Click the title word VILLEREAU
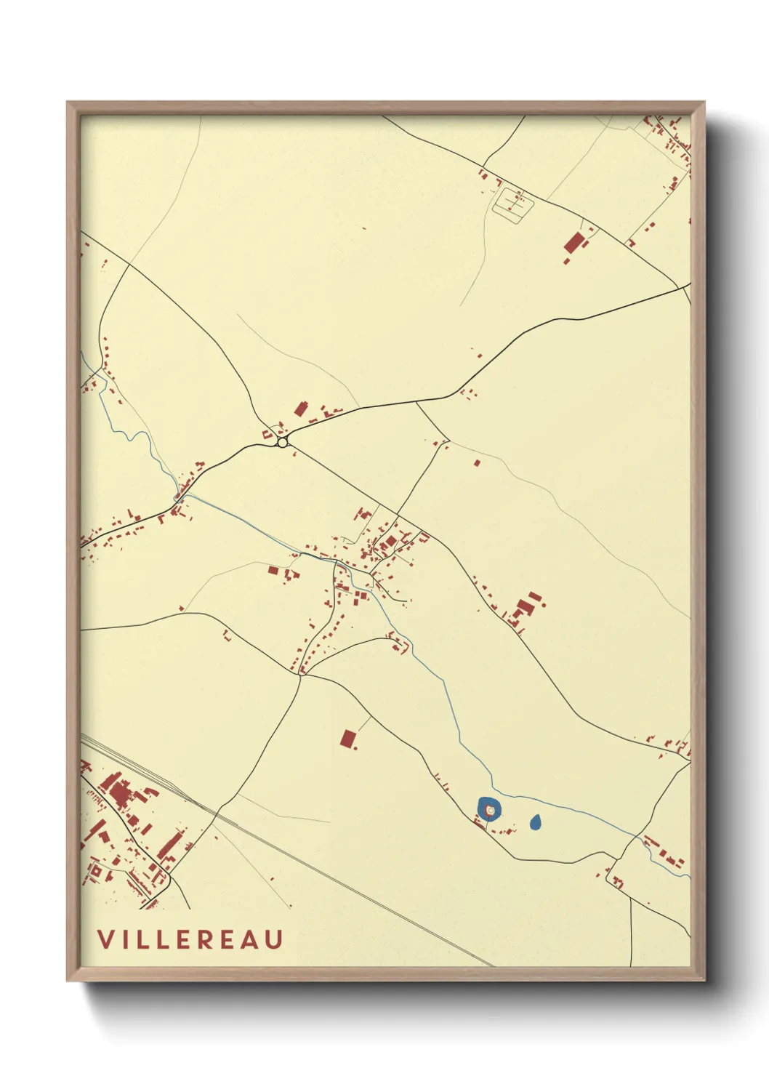[x=190, y=939]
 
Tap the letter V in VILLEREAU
[x=105, y=939]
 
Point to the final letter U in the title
[x=274, y=939]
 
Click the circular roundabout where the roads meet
[x=282, y=441]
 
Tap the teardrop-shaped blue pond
[x=536, y=822]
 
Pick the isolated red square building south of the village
[x=348, y=739]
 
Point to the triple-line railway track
[x=291, y=843]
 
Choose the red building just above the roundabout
[x=300, y=409]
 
